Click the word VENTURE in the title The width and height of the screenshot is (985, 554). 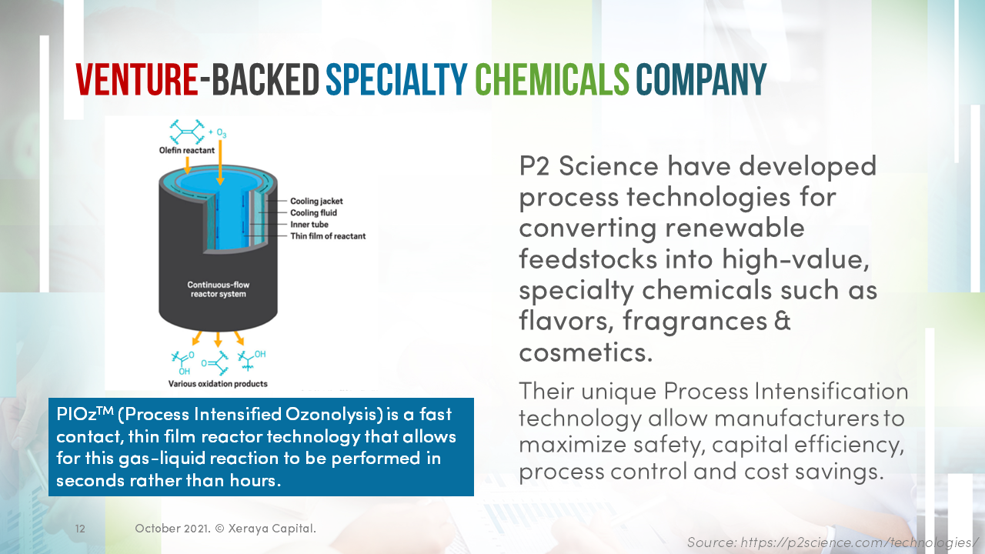click(x=136, y=79)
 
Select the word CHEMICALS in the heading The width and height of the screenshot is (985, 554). click(x=552, y=79)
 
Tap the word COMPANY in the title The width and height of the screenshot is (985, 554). click(x=701, y=79)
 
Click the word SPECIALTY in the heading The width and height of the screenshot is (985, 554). click(x=396, y=79)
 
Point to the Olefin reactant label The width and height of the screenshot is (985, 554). click(x=182, y=151)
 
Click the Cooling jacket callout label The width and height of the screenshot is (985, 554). click(x=316, y=202)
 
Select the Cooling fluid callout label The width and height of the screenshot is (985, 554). click(x=313, y=213)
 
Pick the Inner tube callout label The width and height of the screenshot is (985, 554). click(x=309, y=225)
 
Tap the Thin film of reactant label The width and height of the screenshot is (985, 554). click(x=328, y=236)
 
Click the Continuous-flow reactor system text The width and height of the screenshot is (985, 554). click(x=219, y=289)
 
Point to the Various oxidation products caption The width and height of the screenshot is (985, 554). click(x=218, y=383)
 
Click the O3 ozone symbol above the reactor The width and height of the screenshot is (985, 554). click(x=221, y=134)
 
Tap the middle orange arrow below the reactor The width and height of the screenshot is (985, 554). click(x=219, y=339)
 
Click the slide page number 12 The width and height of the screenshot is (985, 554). click(x=80, y=529)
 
